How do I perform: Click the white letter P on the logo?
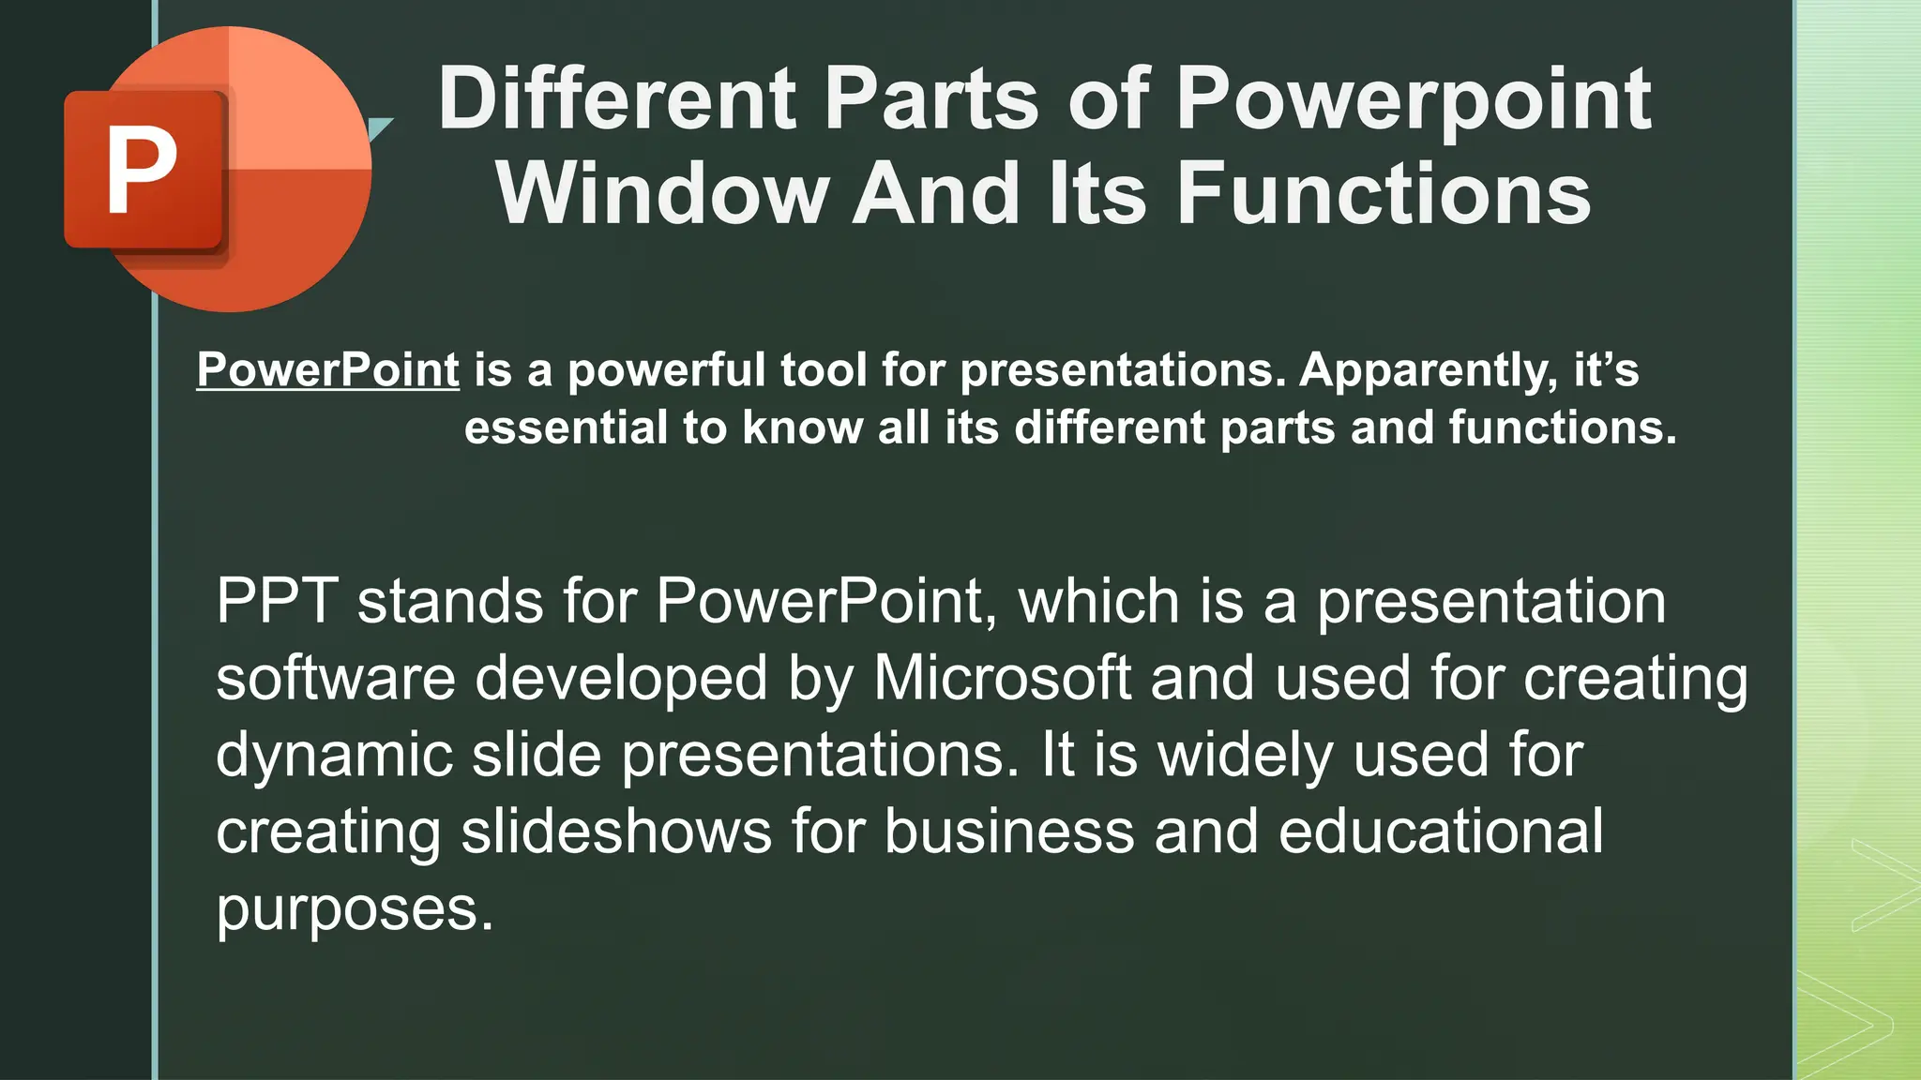tap(143, 171)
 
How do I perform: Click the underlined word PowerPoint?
tap(327, 369)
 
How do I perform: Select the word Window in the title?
tap(662, 194)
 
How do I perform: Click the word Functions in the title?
tap(1383, 194)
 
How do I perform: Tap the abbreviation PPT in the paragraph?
tap(277, 601)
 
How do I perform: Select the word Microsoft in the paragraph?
tap(1002, 678)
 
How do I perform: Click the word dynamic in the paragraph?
tap(334, 756)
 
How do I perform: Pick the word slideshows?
tap(615, 832)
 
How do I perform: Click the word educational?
tap(1441, 832)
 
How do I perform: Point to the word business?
tap(1009, 832)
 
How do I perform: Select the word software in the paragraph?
tap(335, 678)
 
